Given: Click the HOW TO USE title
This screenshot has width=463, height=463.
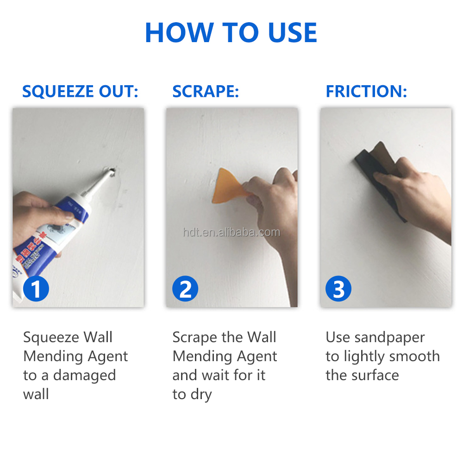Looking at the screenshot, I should click(x=231, y=32).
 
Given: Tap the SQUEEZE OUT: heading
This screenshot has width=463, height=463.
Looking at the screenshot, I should click(x=80, y=91).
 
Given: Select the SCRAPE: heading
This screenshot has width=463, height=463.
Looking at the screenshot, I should click(x=205, y=91).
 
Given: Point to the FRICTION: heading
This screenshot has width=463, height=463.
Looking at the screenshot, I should click(x=366, y=91).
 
